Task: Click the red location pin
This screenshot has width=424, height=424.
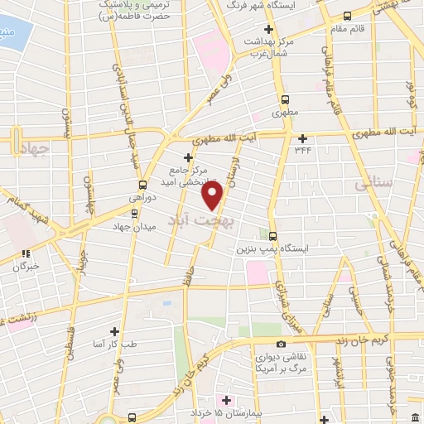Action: [x=213, y=195]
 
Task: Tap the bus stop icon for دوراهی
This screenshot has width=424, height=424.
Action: [x=142, y=185]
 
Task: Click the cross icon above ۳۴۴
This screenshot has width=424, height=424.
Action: [x=303, y=138]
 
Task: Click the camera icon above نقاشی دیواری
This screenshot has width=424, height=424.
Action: [x=281, y=344]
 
